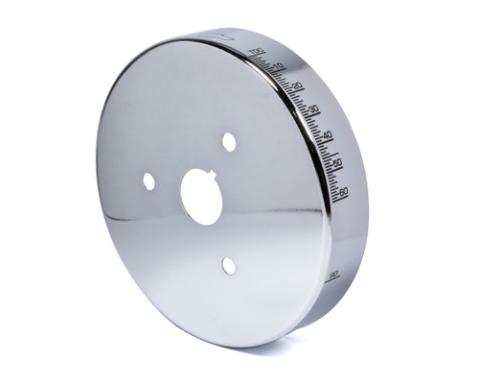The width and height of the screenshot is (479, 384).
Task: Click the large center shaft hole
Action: click(202, 196)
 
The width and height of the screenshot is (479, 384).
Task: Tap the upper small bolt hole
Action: click(229, 142)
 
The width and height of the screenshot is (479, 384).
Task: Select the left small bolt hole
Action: click(148, 180)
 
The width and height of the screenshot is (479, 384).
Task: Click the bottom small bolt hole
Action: click(228, 265)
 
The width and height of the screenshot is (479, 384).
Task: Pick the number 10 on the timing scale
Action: click(279, 67)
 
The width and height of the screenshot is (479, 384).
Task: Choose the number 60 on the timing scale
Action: click(343, 191)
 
